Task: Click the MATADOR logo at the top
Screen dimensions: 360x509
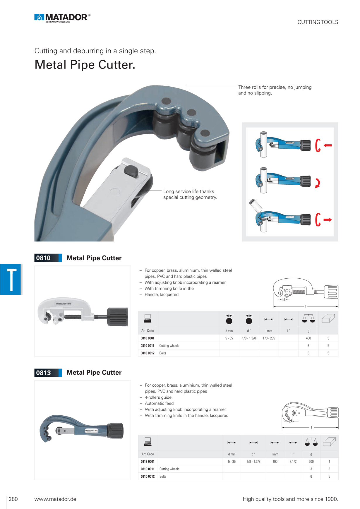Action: click(x=62, y=18)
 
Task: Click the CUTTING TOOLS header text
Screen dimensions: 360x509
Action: click(x=318, y=22)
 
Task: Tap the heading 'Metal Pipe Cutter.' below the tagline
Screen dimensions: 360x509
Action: click(x=85, y=65)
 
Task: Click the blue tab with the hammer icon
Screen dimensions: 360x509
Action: click(x=11, y=279)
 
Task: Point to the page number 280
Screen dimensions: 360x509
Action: click(x=13, y=499)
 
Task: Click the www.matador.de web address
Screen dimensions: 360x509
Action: click(x=55, y=499)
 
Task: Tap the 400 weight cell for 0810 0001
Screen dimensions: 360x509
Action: click(x=308, y=338)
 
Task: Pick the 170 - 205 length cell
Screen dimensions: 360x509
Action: click(x=269, y=338)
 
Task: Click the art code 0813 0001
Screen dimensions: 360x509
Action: click(x=148, y=462)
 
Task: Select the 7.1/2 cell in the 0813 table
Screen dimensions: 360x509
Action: click(x=293, y=462)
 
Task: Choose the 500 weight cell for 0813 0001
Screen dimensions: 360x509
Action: click(x=311, y=462)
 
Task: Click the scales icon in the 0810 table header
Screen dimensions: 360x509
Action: click(x=308, y=319)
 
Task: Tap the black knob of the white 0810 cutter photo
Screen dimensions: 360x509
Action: click(x=117, y=317)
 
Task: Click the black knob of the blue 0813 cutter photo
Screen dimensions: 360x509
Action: click(x=116, y=431)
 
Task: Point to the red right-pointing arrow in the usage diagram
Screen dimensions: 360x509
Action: click(x=328, y=220)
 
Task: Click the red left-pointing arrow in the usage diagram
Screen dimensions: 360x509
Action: click(x=328, y=145)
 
